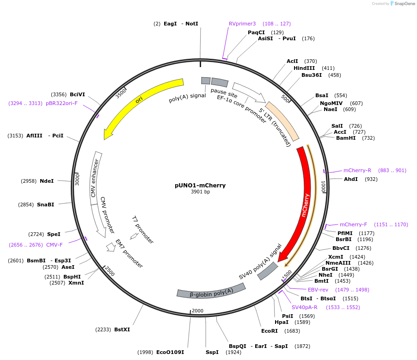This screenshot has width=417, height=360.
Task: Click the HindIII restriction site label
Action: click(x=304, y=68)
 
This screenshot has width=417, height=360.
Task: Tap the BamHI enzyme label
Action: click(x=346, y=138)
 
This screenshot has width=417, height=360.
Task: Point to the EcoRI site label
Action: click(x=270, y=331)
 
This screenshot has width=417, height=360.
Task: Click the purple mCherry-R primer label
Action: click(x=357, y=170)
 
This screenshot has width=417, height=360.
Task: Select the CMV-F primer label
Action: click(x=54, y=245)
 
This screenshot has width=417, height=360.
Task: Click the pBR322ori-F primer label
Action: click(x=61, y=103)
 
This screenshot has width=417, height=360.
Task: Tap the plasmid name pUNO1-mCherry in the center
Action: click(x=200, y=186)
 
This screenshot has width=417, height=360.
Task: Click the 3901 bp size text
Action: click(x=200, y=192)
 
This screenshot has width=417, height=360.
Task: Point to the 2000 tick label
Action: click(x=197, y=311)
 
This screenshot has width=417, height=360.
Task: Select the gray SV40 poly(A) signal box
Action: click(x=268, y=271)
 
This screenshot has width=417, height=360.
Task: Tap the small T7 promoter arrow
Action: click(x=134, y=236)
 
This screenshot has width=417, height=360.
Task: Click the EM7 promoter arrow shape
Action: click(x=111, y=247)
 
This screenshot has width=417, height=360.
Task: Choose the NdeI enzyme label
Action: click(x=47, y=181)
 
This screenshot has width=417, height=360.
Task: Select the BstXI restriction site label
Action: click(x=122, y=329)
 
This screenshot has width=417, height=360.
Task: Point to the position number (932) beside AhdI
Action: click(x=371, y=179)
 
